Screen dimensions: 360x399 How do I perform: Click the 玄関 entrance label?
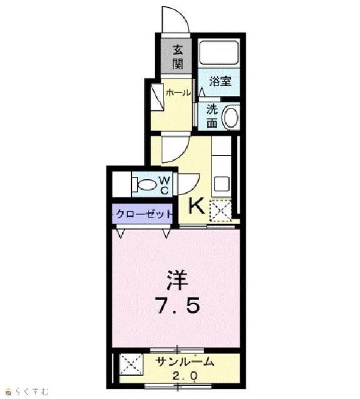click(178, 57)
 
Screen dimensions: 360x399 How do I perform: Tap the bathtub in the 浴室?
click(219, 53)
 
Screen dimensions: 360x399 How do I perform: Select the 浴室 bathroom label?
click(220, 82)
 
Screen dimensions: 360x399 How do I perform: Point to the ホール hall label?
click(178, 93)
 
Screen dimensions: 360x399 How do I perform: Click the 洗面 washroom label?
click(212, 116)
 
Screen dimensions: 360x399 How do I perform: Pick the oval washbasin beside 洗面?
click(231, 117)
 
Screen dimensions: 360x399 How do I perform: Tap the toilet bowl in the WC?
click(144, 185)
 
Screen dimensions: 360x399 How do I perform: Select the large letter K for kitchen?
click(196, 206)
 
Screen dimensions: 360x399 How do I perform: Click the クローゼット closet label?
click(144, 214)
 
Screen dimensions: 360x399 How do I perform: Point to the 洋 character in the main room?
click(177, 280)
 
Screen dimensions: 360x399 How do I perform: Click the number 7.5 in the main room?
click(178, 306)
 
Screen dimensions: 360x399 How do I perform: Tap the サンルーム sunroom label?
click(184, 362)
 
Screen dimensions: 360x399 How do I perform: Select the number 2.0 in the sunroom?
click(184, 375)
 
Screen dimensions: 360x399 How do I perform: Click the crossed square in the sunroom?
click(132, 364)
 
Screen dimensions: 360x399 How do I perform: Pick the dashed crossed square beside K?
click(220, 210)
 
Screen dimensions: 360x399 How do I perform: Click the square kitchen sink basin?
click(221, 185)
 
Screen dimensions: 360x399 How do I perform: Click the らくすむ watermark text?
click(32, 391)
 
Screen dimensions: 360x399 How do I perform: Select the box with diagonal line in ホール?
click(157, 97)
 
